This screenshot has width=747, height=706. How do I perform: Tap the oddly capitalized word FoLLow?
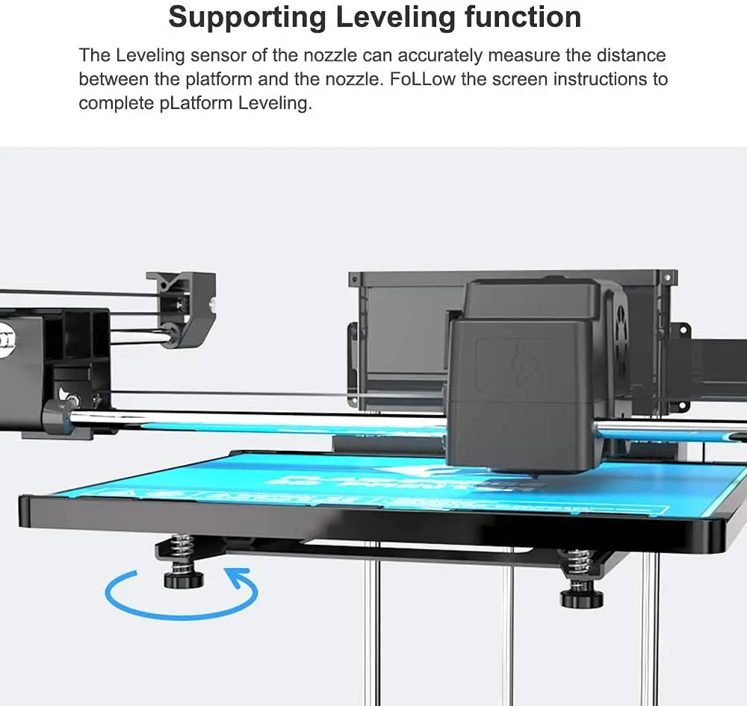click(421, 79)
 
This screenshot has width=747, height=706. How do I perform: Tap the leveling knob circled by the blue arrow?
click(184, 577)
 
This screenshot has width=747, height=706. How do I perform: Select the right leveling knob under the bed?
click(582, 596)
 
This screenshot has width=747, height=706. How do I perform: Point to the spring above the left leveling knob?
click(182, 549)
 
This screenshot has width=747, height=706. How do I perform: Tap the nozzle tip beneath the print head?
click(535, 475)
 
